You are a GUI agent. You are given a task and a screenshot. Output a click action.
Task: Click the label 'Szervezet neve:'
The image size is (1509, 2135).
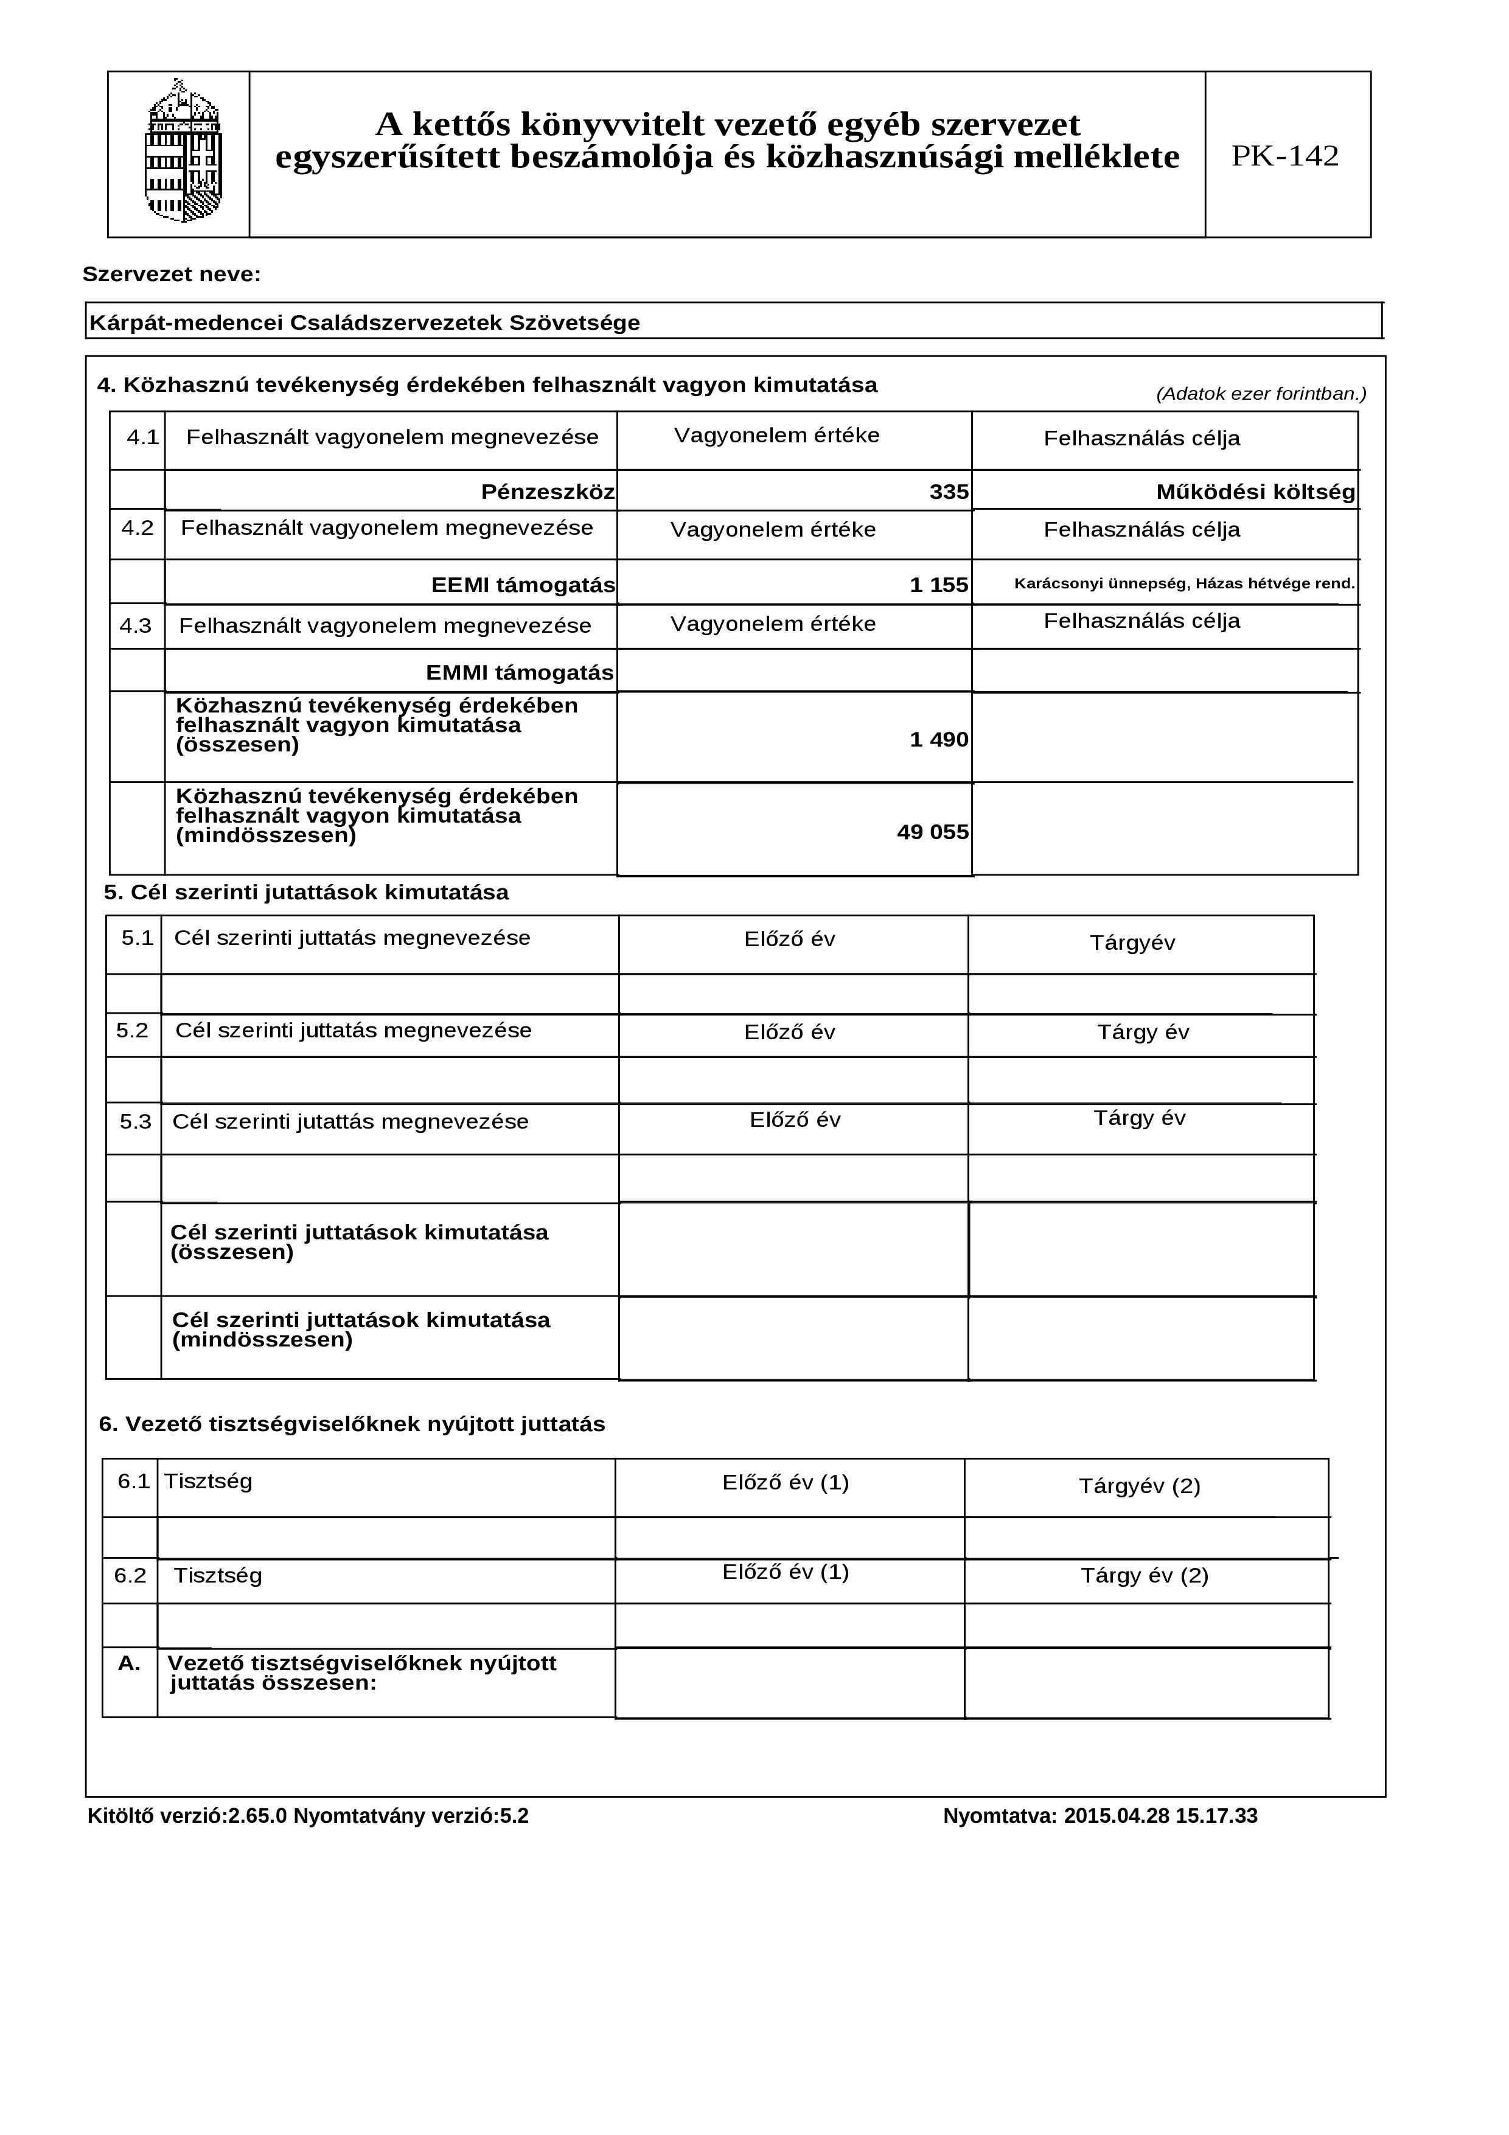point(172,274)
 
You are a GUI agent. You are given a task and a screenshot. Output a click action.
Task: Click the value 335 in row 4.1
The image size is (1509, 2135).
point(949,492)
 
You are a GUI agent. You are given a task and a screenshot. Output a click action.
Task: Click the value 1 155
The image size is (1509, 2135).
point(938,585)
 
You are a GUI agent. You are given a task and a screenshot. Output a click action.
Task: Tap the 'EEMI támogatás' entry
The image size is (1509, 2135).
point(523,585)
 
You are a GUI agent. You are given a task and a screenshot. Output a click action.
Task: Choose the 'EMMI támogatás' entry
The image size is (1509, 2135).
point(519,672)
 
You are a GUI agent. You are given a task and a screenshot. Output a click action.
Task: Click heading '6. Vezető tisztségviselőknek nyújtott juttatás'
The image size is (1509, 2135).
point(352,1424)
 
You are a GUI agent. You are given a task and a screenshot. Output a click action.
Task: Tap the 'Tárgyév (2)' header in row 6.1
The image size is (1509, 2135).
point(1139,1485)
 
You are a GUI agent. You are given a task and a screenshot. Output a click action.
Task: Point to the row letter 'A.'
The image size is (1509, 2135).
point(129,1663)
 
